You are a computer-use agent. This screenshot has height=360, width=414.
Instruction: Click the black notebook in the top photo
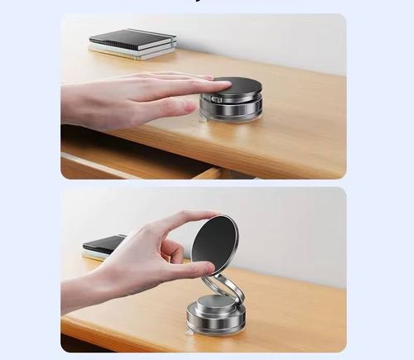[132, 38]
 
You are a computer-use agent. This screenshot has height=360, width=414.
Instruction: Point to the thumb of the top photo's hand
[170, 108]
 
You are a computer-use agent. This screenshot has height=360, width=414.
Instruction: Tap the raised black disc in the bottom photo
[215, 243]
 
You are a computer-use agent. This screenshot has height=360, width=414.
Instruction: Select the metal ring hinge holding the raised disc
[224, 289]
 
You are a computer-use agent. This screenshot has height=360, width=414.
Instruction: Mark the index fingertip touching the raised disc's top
[212, 216]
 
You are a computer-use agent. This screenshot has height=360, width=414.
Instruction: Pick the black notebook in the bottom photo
[104, 244]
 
